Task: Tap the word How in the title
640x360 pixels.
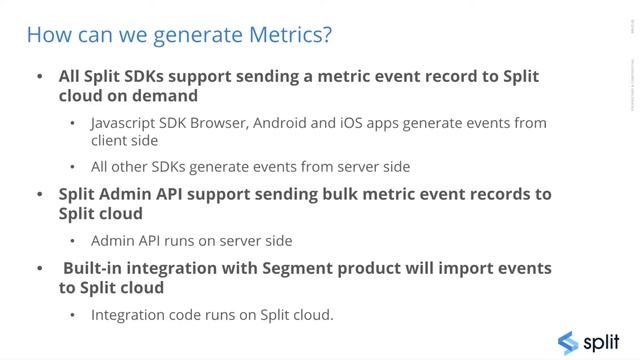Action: click(x=45, y=35)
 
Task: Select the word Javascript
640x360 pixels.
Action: click(x=124, y=124)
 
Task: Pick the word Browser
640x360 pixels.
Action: click(x=218, y=124)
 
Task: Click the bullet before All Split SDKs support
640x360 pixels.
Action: click(x=40, y=77)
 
